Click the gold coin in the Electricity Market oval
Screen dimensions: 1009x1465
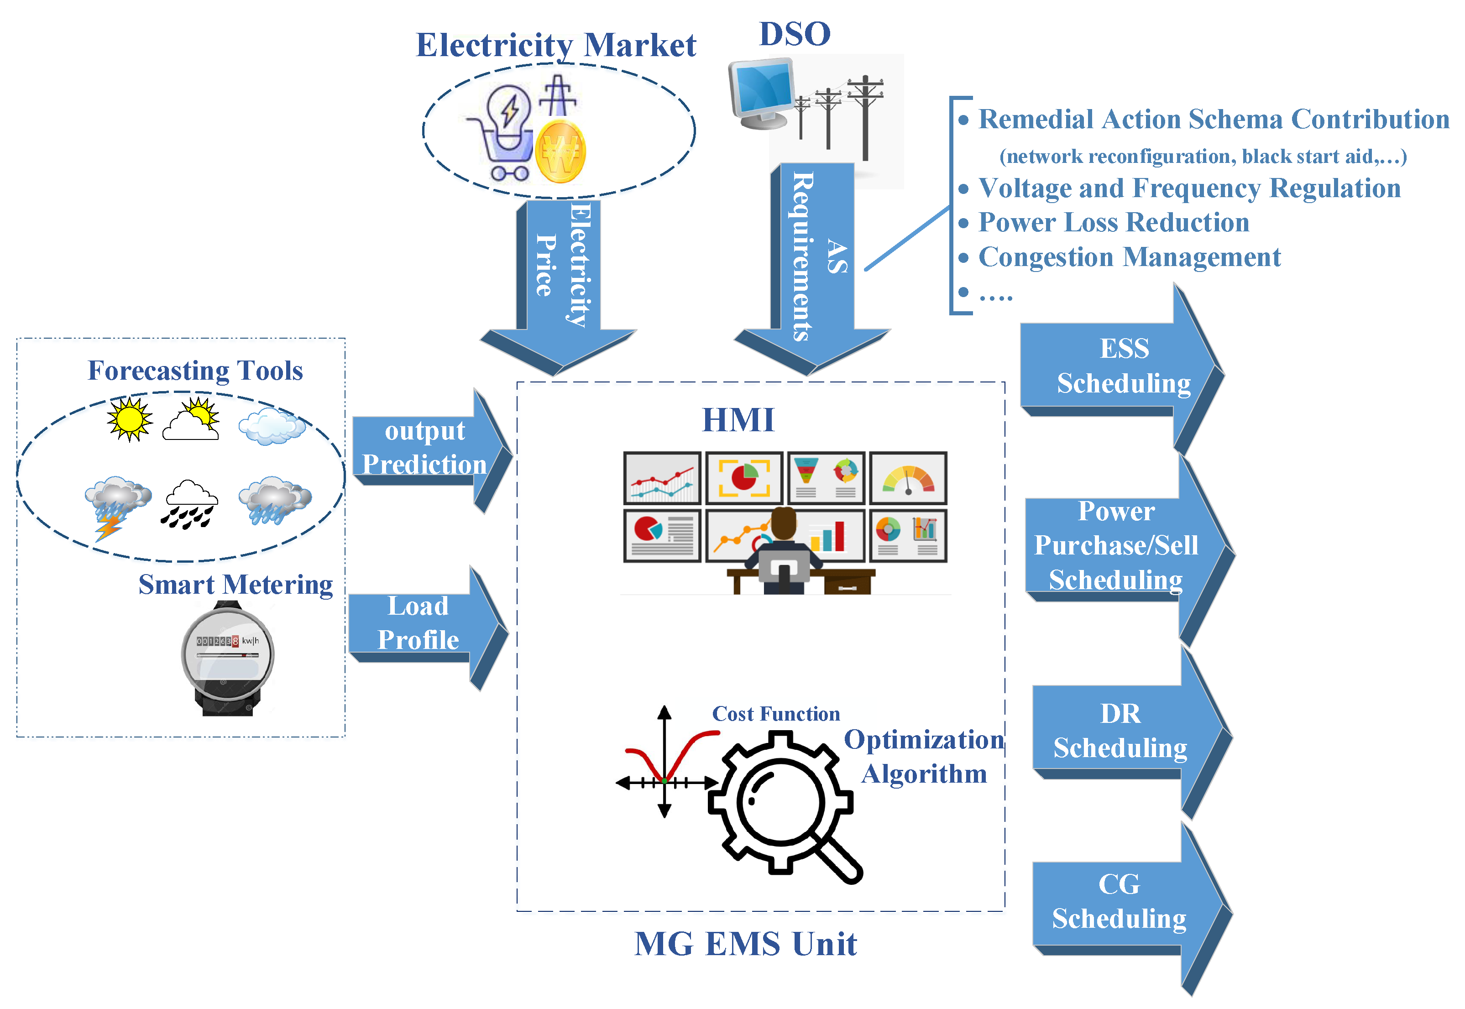point(560,152)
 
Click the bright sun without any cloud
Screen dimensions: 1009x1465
point(129,418)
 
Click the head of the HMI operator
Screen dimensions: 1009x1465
point(784,523)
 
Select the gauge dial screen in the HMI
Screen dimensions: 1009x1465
point(908,478)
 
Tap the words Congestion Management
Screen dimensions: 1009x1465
point(1129,257)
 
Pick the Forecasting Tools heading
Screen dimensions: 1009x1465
point(195,371)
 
